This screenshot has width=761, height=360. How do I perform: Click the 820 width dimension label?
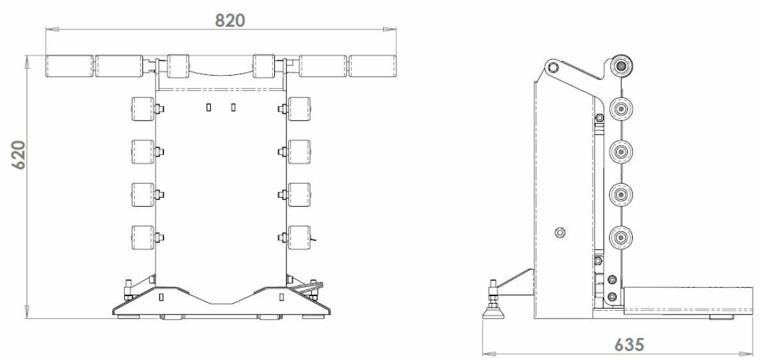tap(231, 20)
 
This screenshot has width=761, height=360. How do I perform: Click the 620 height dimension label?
tap(19, 155)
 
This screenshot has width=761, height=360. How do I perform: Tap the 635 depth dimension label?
tap(630, 345)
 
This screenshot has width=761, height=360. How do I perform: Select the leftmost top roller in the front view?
tap(69, 67)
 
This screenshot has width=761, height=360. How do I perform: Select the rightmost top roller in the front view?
tap(372, 67)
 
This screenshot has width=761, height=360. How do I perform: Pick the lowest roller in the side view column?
tap(621, 237)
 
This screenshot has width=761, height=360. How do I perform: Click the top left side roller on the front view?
tap(143, 109)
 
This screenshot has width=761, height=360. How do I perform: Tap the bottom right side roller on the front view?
tap(299, 237)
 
